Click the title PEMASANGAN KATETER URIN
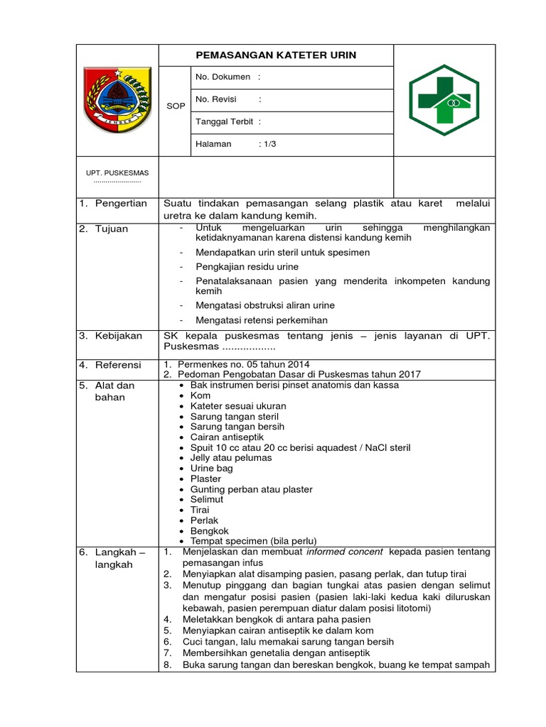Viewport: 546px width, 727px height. [276, 55]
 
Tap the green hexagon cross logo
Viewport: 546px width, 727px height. [444, 99]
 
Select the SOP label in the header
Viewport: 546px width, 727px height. [176, 106]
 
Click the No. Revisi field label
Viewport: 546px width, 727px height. [216, 99]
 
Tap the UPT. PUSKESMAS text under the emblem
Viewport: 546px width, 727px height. [117, 173]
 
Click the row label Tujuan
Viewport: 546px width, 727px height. [112, 229]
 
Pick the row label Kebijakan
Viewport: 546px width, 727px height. [119, 335]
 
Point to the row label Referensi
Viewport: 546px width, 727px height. [118, 365]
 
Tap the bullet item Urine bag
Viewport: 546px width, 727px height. [211, 469]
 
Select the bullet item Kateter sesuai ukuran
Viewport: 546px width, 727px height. [234, 406]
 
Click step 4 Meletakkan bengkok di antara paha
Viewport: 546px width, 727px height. [276, 619]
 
